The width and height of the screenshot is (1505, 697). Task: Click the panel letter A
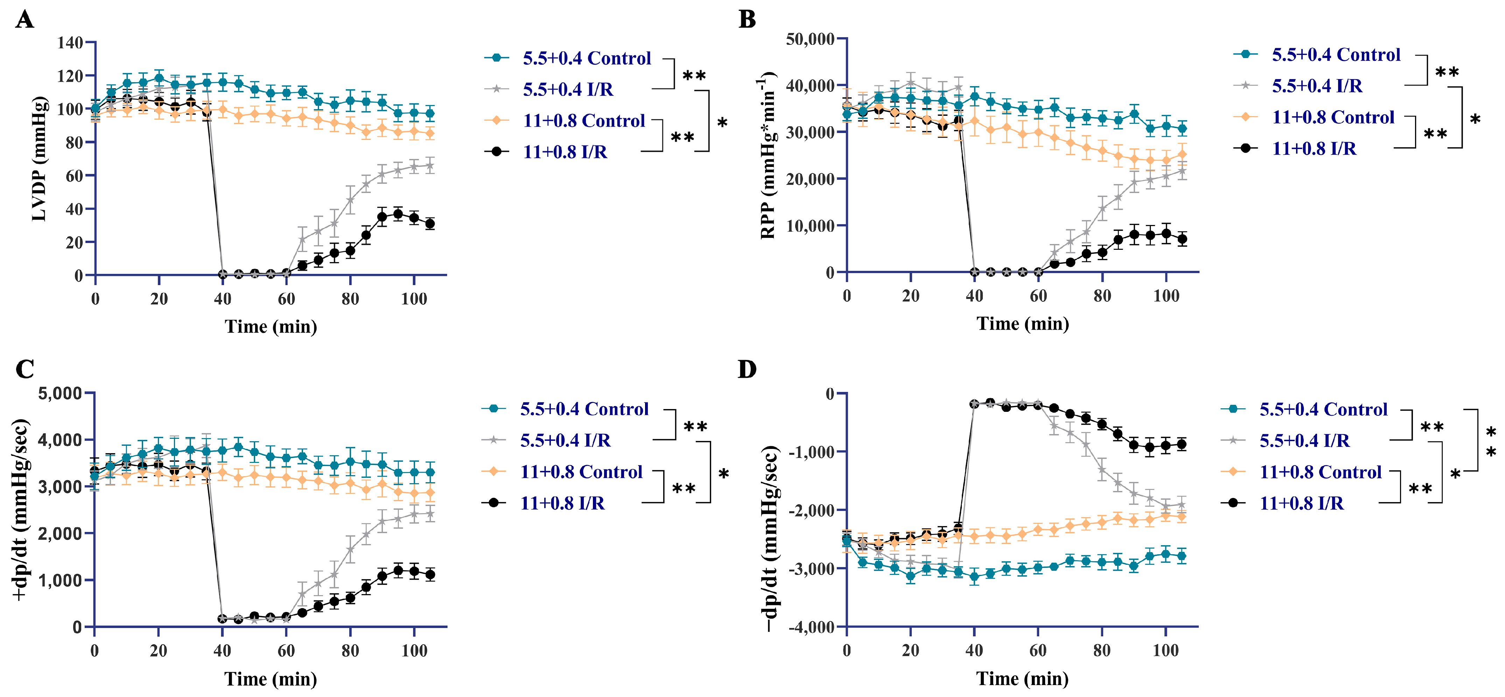(24, 20)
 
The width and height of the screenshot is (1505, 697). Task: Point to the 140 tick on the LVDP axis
(70, 43)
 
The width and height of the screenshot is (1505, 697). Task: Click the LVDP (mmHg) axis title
(39, 159)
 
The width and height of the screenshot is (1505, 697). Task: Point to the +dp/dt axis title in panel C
(20, 509)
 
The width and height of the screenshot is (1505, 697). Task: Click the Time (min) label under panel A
(271, 326)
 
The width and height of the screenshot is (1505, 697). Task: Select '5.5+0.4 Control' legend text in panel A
(587, 58)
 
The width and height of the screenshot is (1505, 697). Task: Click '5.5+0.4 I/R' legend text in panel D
(1304, 441)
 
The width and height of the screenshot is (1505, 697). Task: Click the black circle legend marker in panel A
(497, 152)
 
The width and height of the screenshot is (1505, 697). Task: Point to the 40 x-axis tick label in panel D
(974, 650)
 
